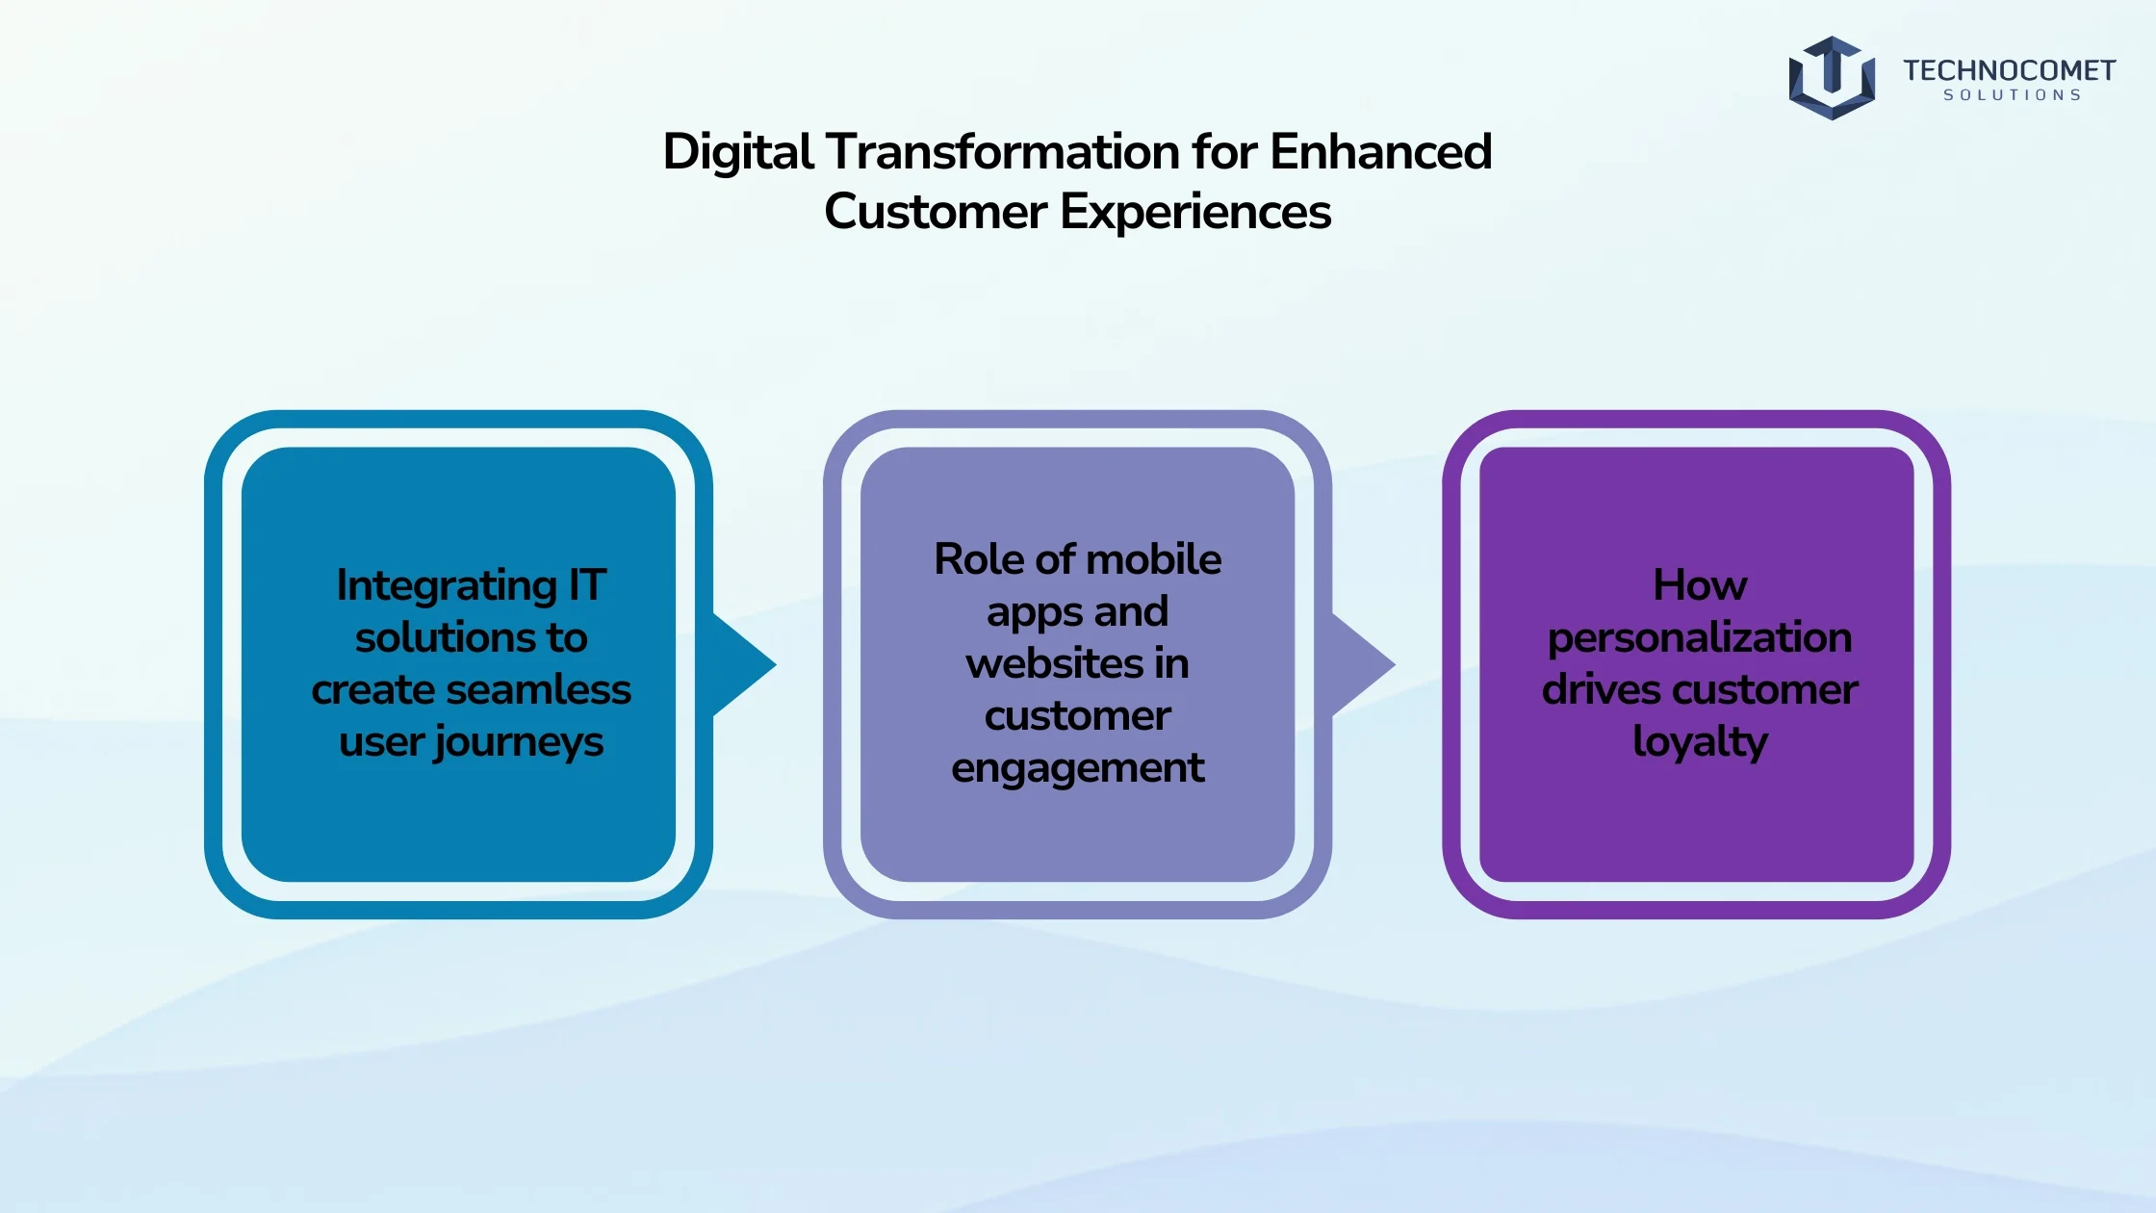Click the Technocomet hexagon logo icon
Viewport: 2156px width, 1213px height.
coord(1832,78)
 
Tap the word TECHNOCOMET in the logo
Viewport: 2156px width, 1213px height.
coord(2009,70)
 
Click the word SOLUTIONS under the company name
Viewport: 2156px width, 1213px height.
coord(2013,95)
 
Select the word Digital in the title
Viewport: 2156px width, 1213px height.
coord(738,153)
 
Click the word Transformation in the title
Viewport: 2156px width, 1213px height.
coord(1003,152)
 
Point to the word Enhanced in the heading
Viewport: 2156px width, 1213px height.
coord(1381,152)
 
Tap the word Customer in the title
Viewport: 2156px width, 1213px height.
coord(936,212)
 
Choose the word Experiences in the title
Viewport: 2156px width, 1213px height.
coord(1195,213)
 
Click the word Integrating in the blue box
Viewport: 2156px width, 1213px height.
coord(447,586)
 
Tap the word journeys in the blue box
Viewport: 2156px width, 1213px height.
coord(518,743)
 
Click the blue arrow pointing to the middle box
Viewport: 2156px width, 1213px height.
coord(744,664)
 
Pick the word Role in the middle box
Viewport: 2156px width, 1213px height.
coord(979,559)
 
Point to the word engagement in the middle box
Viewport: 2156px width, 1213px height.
coord(1077,769)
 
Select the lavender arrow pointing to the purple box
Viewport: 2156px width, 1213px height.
coord(1364,664)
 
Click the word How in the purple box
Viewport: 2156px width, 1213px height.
coord(1700,585)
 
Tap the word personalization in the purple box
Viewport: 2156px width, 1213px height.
coord(1700,639)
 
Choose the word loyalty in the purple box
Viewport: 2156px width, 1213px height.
coord(1700,742)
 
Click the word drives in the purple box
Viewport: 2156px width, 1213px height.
coord(1601,689)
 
